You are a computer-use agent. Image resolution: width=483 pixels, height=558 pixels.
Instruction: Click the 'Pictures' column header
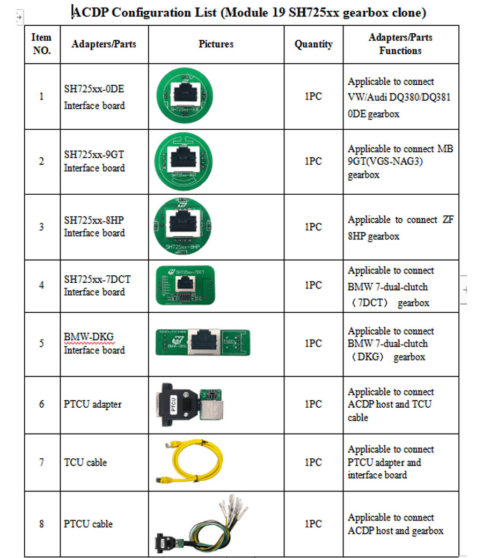(x=216, y=44)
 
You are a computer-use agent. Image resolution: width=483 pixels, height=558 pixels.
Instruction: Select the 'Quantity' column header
(x=313, y=44)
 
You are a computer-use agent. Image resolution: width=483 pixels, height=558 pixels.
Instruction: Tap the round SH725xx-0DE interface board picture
(x=185, y=96)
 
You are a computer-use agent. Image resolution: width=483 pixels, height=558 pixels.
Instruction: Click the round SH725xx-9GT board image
(x=184, y=161)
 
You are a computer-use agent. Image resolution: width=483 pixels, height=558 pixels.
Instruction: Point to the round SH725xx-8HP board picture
(x=182, y=226)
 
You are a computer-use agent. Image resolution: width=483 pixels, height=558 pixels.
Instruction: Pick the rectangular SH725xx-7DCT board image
(x=185, y=285)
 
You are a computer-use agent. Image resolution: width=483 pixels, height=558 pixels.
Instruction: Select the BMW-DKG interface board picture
(x=203, y=342)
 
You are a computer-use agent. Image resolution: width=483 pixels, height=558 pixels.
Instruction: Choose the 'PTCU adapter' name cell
(x=92, y=404)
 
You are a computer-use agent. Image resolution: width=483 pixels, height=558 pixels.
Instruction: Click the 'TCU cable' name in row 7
(x=85, y=462)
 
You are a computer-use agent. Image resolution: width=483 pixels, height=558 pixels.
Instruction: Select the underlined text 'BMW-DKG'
(x=89, y=336)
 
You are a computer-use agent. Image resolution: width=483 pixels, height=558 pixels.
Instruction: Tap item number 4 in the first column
(x=41, y=285)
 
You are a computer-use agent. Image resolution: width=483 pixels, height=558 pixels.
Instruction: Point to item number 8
(x=41, y=524)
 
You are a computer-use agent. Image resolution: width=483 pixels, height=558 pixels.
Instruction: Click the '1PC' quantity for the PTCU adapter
(x=313, y=404)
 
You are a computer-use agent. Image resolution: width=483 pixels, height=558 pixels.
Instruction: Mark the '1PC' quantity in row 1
(x=313, y=96)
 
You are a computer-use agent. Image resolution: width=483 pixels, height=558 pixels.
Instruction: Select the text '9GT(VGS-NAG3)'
(x=385, y=161)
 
